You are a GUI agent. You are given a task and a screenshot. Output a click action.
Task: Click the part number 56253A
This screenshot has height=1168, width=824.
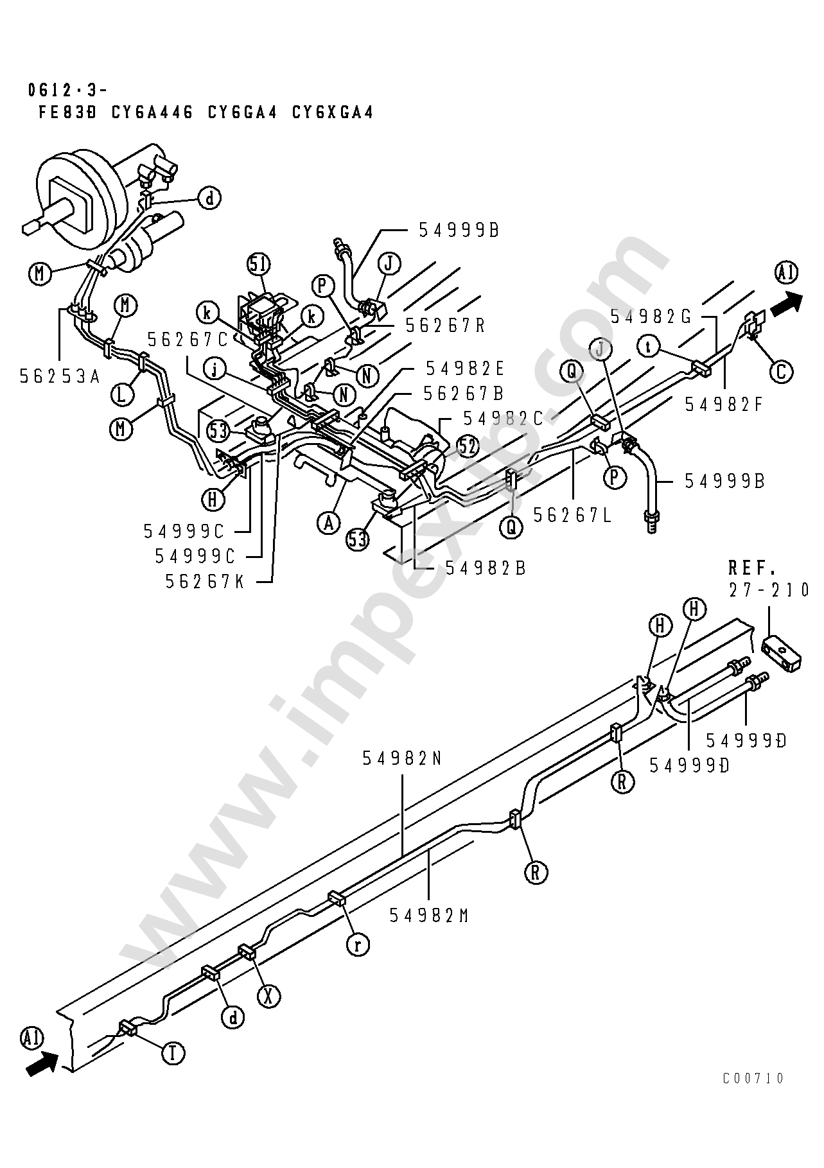tap(59, 376)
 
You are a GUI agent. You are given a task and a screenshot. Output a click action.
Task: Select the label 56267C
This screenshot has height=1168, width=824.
tap(188, 338)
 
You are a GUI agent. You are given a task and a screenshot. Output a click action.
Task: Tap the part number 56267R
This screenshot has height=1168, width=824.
tap(446, 325)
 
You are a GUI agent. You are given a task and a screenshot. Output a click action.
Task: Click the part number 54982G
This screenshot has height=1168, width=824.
tap(651, 316)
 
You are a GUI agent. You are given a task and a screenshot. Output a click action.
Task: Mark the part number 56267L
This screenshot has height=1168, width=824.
tap(573, 514)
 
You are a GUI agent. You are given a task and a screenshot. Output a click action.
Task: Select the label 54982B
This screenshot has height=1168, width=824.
tap(486, 568)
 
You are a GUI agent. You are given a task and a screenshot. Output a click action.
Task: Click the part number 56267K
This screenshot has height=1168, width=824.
tap(206, 581)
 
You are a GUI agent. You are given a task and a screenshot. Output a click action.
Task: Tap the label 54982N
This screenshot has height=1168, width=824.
tap(403, 759)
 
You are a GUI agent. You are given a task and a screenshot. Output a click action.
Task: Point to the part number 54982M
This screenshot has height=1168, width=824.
tap(430, 916)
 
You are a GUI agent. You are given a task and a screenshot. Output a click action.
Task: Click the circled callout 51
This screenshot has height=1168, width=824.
tap(259, 265)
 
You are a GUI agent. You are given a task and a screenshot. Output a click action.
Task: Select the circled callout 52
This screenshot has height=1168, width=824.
tap(469, 446)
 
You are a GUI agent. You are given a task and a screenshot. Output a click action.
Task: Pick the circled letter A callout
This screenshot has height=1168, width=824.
tap(328, 523)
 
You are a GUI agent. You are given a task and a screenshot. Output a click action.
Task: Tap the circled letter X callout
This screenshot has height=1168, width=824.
tap(269, 995)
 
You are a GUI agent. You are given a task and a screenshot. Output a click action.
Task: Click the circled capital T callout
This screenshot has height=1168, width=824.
tap(172, 1052)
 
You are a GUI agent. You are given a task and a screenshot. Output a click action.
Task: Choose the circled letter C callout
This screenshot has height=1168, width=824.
tap(781, 372)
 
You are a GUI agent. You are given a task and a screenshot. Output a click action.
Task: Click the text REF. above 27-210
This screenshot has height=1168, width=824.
tap(753, 568)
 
